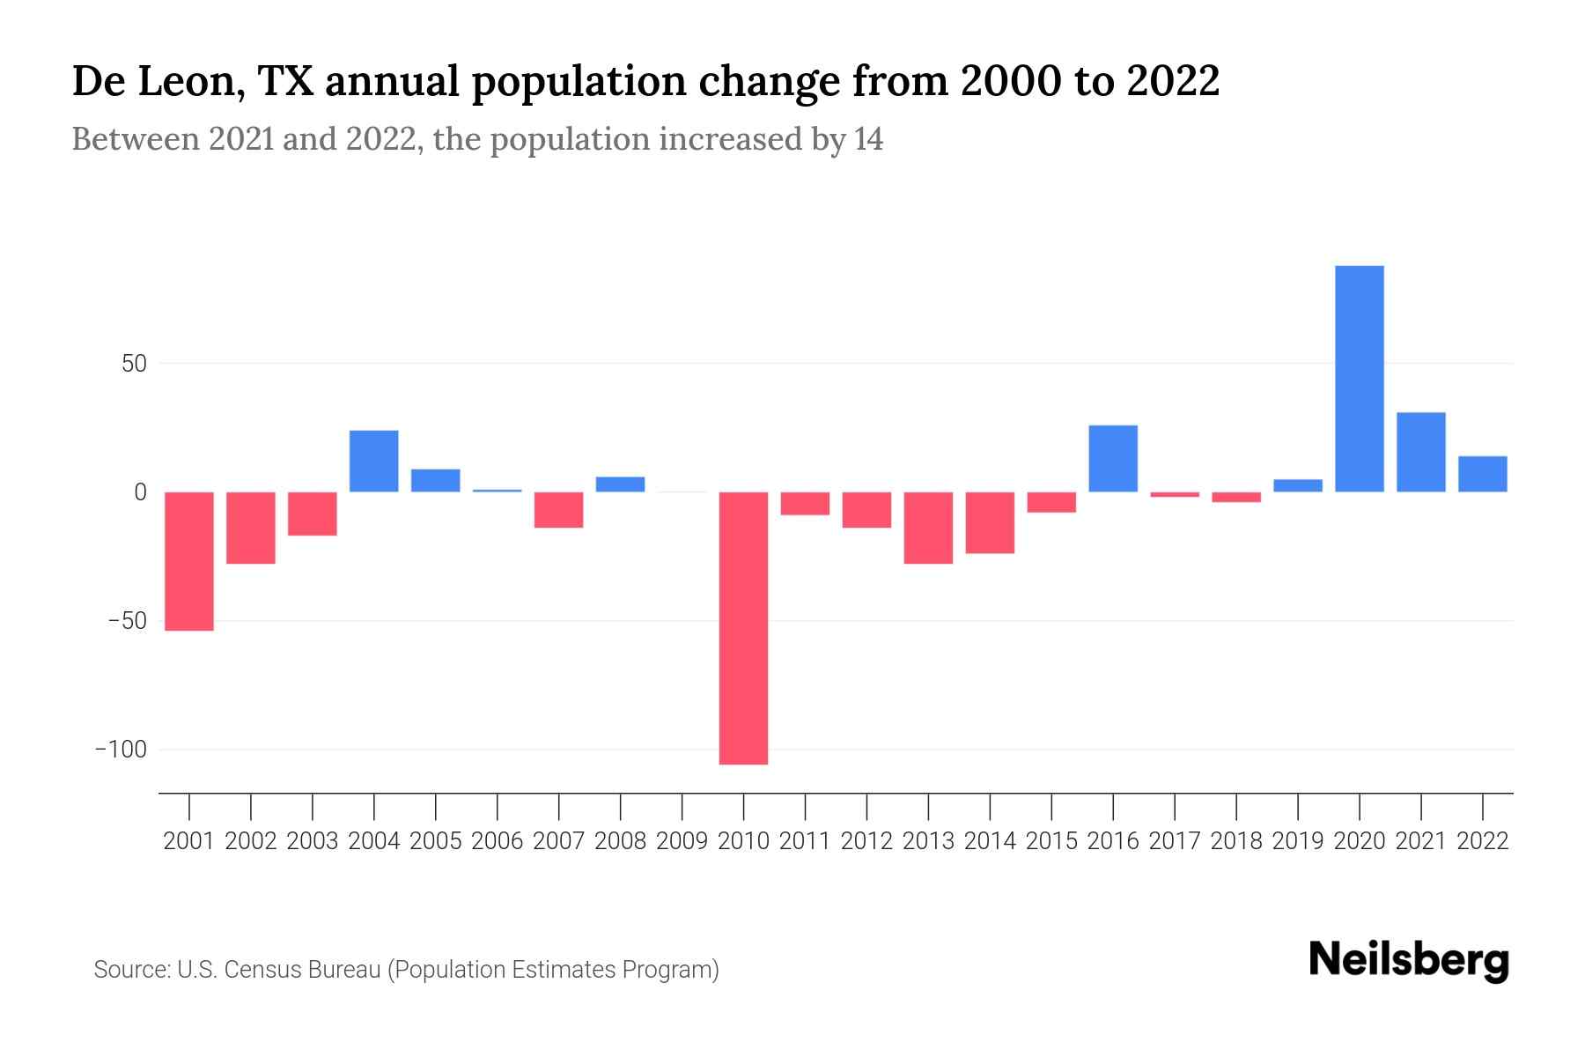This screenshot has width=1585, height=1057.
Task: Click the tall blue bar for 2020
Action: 1359,379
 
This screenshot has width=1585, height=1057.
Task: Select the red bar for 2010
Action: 743,627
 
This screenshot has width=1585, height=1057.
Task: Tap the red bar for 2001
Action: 189,561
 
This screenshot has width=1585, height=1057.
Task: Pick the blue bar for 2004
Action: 374,461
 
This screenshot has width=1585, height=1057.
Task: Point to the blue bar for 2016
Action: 1113,458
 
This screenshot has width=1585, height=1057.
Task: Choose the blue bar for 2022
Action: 1482,474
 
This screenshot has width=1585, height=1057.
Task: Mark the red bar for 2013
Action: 928,528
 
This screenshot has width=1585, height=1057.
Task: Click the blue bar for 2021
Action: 1420,452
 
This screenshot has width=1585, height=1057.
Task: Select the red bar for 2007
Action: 558,510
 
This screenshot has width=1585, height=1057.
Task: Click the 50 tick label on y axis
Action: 134,364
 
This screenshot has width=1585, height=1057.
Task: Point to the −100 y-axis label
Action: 122,750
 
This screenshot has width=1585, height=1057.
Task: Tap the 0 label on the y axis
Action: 140,492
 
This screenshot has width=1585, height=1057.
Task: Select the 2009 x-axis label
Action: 682,841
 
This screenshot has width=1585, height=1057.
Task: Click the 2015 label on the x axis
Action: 1051,841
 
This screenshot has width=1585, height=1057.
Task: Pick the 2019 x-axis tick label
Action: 1297,841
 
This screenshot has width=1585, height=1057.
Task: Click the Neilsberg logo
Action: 1409,960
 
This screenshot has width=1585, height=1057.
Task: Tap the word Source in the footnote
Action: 130,970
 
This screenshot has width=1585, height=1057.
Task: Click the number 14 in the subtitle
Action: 867,139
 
